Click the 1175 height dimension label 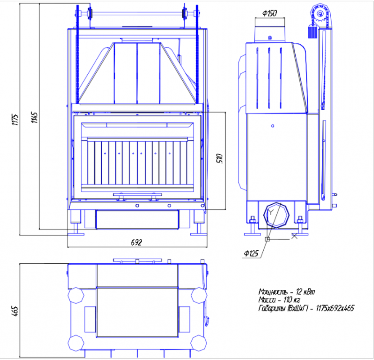(x=15, y=120)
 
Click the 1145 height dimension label (x=34, y=117)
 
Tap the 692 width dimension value (x=136, y=243)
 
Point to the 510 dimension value (x=220, y=158)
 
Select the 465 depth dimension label (x=14, y=311)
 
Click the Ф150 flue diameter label (x=270, y=13)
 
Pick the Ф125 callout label (x=251, y=253)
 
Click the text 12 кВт (x=305, y=292)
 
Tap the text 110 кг (x=292, y=300)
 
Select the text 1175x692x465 (x=335, y=308)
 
